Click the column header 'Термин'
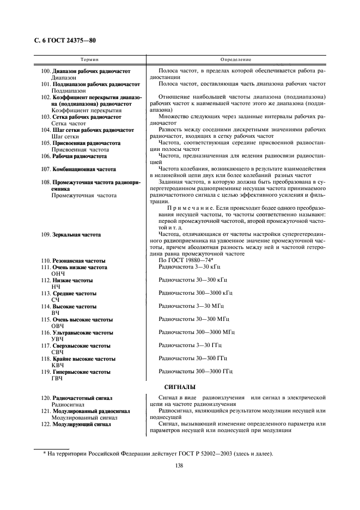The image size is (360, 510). (x=89, y=59)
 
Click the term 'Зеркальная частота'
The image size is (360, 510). (x=77, y=235)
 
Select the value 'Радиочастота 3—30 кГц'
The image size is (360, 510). (x=189, y=268)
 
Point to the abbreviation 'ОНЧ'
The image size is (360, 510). (x=58, y=274)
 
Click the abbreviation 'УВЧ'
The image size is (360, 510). (x=58, y=339)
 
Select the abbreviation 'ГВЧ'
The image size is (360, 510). (x=57, y=378)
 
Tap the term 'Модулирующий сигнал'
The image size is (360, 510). (x=82, y=424)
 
